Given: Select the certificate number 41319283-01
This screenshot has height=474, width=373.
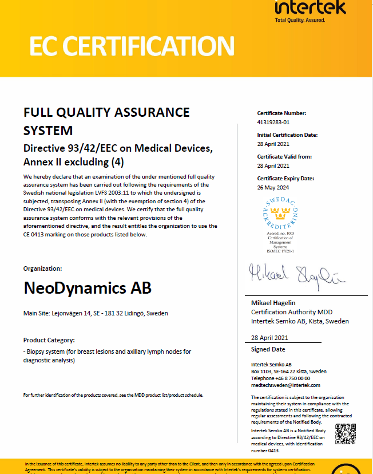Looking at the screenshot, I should click(x=273, y=122).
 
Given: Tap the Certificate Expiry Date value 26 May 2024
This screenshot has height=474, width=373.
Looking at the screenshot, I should click(x=273, y=187).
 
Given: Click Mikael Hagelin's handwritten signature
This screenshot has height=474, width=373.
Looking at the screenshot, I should click(x=297, y=276).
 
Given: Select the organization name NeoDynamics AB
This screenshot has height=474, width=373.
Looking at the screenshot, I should click(x=88, y=287).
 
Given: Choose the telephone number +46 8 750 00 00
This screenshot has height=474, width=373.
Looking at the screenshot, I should click(x=281, y=378).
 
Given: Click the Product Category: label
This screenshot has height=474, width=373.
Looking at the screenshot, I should click(x=49, y=340).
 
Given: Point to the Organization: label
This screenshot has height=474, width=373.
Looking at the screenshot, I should click(x=43, y=268).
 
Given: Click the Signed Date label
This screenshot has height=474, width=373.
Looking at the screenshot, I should click(x=268, y=349).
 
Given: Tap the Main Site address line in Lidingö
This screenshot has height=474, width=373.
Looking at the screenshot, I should click(x=96, y=314).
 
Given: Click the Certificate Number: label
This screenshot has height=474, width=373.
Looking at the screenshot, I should click(x=281, y=113).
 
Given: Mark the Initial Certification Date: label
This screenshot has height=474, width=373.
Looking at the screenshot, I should click(x=287, y=135).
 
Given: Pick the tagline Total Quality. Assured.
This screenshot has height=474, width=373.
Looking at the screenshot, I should click(x=300, y=20).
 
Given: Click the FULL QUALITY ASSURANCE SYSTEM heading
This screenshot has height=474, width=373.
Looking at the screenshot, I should click(x=106, y=121).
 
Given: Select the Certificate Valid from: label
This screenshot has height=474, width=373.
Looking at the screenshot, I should click(x=284, y=157).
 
